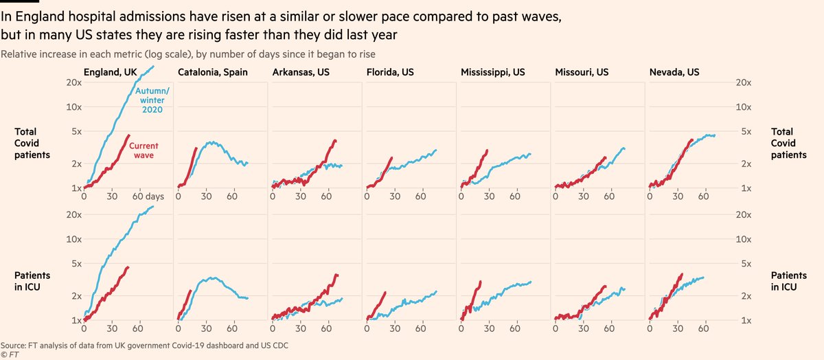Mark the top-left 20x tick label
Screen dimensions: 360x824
point(75,82)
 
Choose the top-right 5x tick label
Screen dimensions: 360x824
point(744,132)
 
